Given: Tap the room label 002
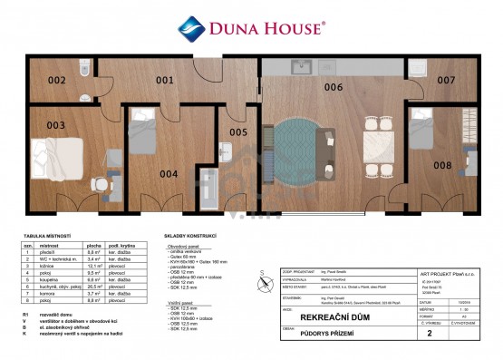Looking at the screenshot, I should coord(57,81).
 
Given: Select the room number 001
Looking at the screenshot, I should coord(164,81).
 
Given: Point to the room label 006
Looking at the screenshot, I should coord(334,87).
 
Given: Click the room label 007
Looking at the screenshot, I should coord(446,81).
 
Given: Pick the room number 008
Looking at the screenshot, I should coord(442,165).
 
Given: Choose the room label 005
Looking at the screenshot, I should coord(237,132).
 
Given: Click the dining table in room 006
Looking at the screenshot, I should coord(375,145).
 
